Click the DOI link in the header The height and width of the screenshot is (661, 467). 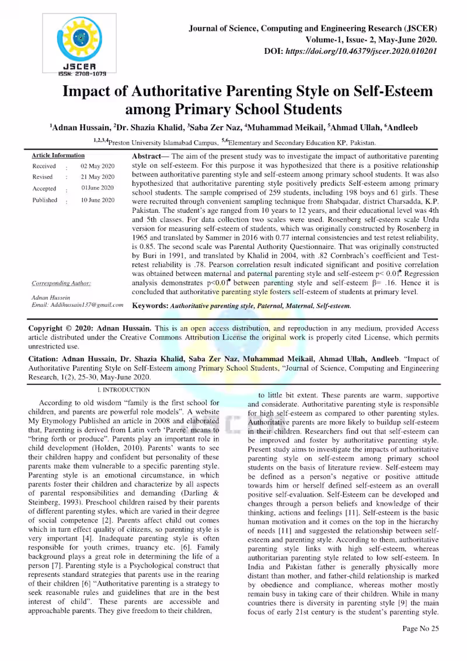(362, 51)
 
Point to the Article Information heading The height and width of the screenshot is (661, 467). (58, 155)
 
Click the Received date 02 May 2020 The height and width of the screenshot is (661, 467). (97, 166)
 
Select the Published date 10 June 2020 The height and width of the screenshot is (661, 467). (97, 200)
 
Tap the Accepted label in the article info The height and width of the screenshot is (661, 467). (44, 189)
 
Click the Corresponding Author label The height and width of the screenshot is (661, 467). (61, 283)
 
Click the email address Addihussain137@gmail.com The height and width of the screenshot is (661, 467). (77, 304)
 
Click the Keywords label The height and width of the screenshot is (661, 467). (151, 305)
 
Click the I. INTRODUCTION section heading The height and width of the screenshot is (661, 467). (124, 389)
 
